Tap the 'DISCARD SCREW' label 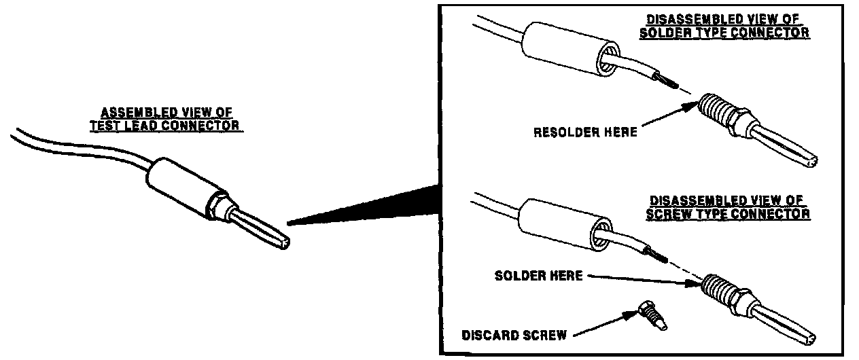(x=514, y=336)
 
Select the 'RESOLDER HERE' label (x=585, y=132)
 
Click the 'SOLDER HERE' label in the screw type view (x=538, y=276)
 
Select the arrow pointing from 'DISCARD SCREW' (x=604, y=325)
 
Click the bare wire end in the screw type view (x=657, y=255)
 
